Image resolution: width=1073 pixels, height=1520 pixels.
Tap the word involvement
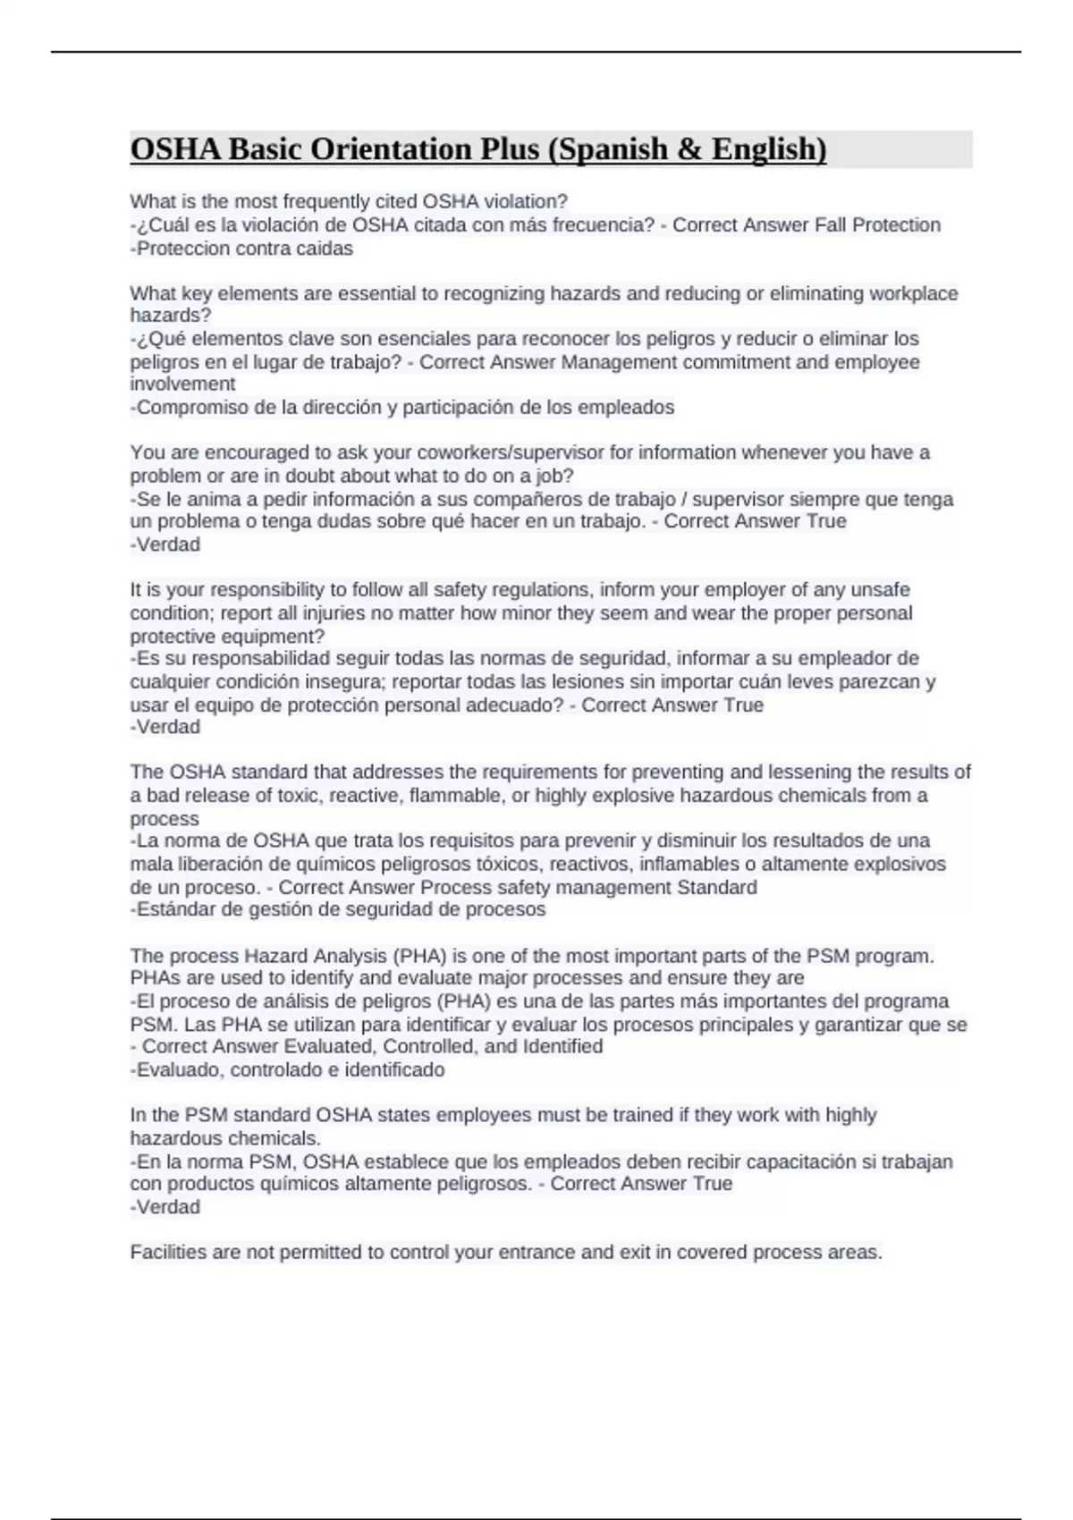pyautogui.click(x=182, y=384)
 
